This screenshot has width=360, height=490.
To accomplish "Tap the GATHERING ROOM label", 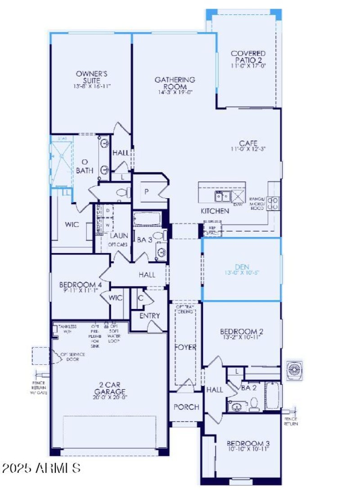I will (175, 83).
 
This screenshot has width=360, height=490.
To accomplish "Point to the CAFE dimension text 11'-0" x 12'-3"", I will (248, 149).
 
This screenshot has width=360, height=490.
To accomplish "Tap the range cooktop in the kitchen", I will (272, 203).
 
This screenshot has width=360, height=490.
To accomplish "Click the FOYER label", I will (185, 347).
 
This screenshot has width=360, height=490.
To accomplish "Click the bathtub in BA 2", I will (273, 395).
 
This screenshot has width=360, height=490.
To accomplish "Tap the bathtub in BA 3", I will (147, 220).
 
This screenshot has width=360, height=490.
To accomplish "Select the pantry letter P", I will (147, 191).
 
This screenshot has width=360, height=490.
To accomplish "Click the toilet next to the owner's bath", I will (122, 193).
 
